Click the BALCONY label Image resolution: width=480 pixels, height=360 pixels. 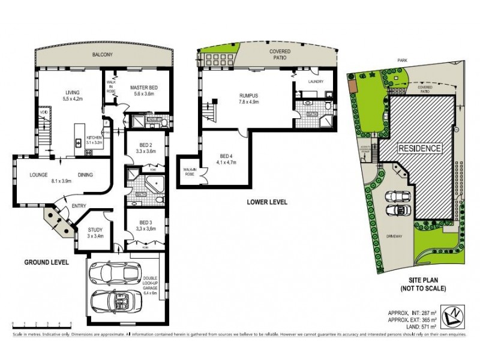point(103,55)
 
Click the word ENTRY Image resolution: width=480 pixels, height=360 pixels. point(78,206)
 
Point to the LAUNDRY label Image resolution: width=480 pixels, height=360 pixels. point(316,81)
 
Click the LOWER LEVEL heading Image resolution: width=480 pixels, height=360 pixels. point(267,202)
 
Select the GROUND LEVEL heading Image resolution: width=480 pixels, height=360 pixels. point(46,262)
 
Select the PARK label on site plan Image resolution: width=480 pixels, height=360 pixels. point(410,61)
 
